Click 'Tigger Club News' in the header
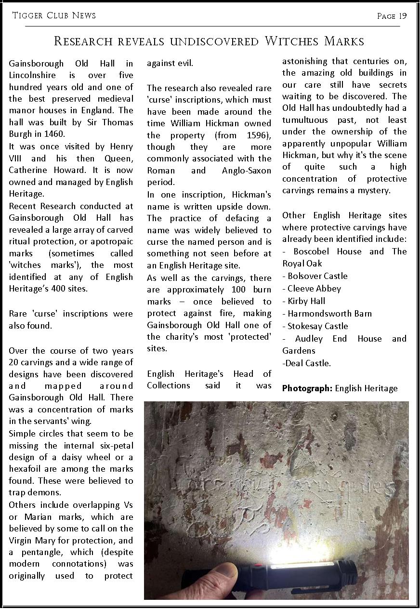point(54,15)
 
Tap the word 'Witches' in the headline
point(292,41)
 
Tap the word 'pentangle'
point(40,552)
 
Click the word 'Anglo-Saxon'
point(247,171)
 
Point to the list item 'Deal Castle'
point(308,363)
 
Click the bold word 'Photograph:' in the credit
point(307,388)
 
